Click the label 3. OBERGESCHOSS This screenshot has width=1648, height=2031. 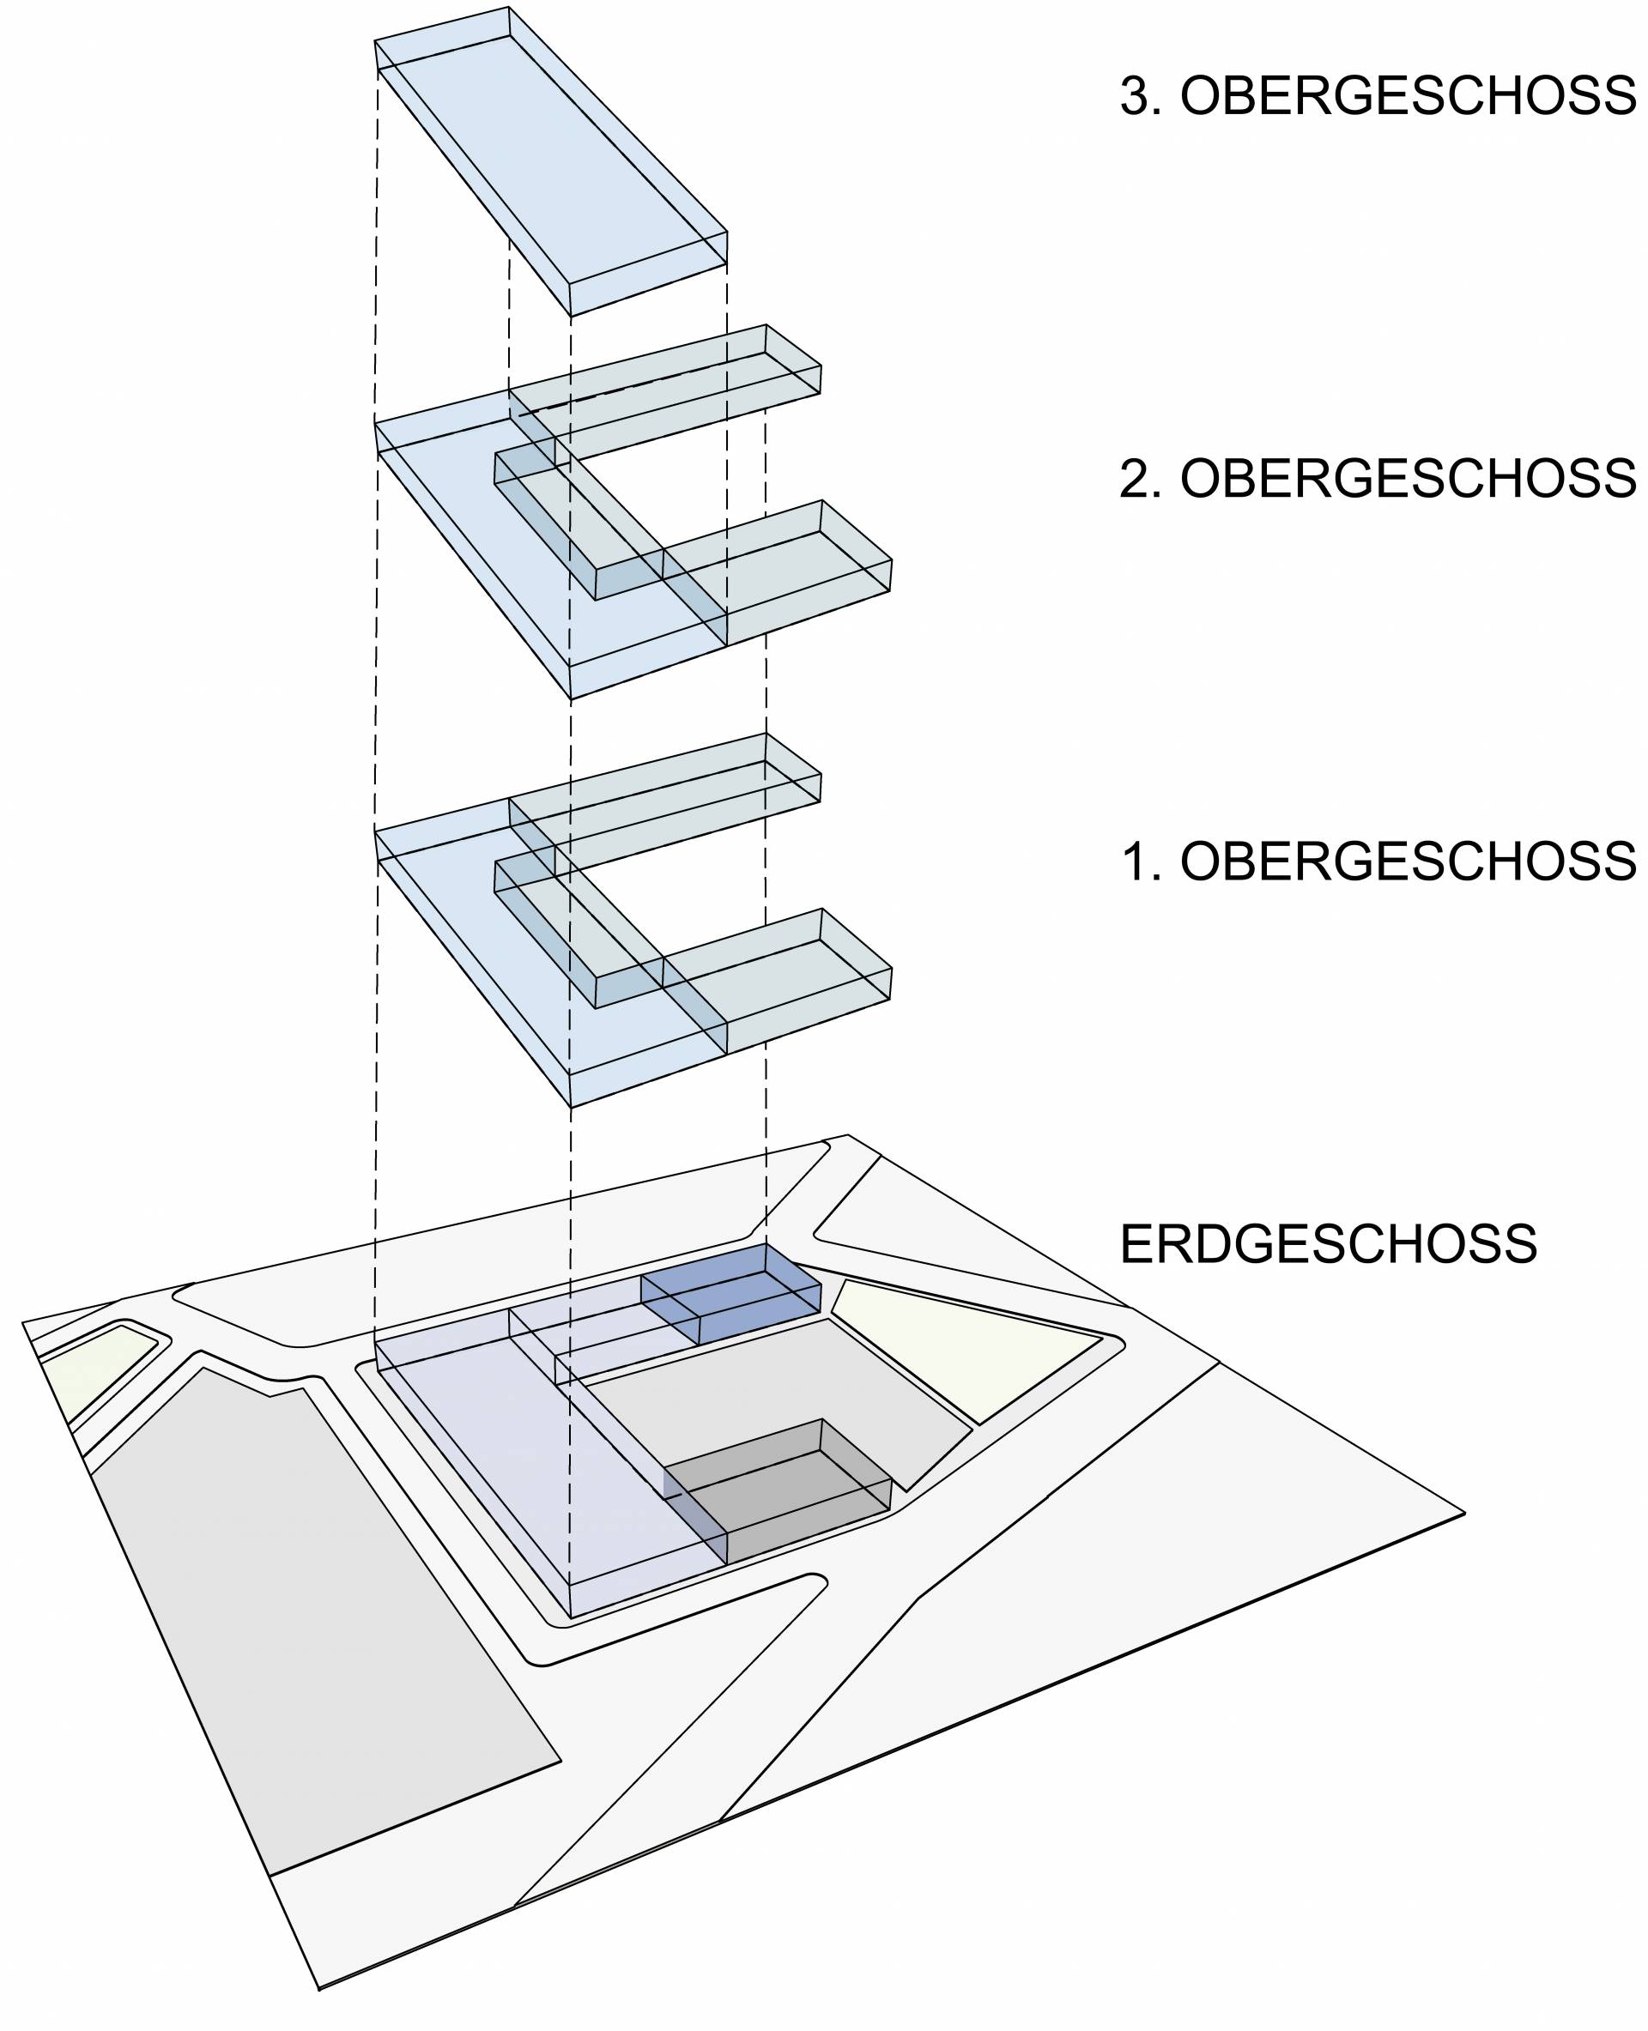coord(1378,96)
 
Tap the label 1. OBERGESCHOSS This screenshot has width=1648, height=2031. coord(1378,861)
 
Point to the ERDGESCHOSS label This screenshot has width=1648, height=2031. coord(1328,1244)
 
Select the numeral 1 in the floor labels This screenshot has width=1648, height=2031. coord(1136,861)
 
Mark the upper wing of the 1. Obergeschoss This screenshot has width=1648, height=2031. coord(664,807)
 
